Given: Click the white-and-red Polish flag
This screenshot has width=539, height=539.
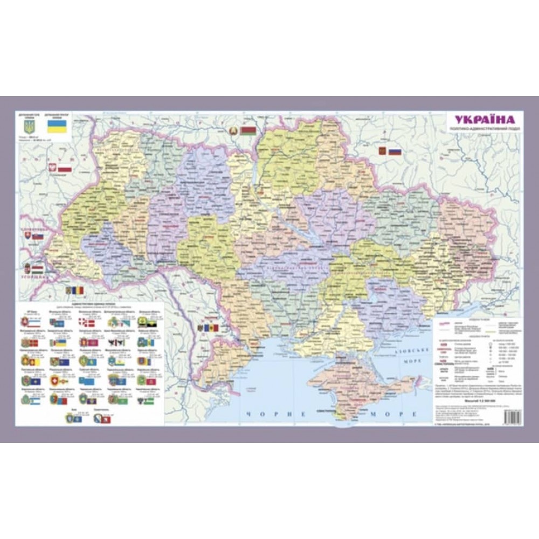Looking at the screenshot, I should [65, 169].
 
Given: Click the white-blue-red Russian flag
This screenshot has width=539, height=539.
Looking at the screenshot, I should [395, 151].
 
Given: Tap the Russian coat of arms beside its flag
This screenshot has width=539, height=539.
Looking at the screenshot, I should [383, 151].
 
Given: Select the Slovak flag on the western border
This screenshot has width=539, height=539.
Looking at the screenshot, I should [37, 236].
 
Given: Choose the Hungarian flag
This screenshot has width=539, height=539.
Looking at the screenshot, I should [37, 267].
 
